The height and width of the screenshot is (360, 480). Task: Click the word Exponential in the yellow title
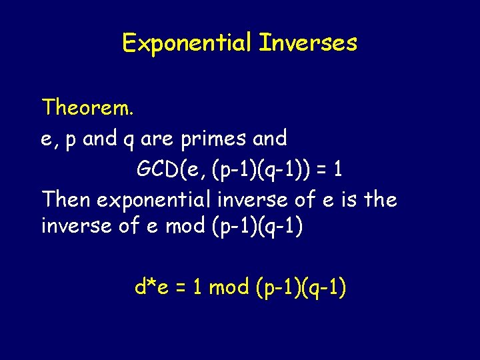[x=187, y=43]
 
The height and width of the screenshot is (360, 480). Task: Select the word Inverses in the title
[x=308, y=43]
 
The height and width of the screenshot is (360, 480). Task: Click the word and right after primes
[x=269, y=139]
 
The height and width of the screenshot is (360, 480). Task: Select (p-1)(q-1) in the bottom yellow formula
[x=300, y=288]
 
